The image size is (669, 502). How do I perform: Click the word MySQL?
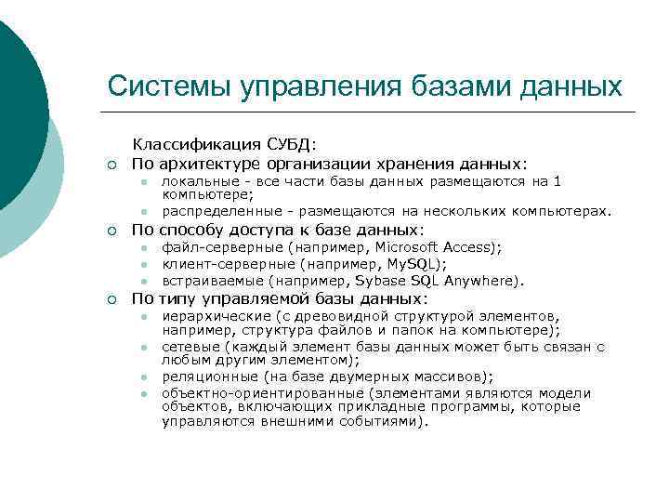[398, 264]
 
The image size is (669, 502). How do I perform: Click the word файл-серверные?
[222, 247]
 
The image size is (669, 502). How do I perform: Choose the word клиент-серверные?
[228, 264]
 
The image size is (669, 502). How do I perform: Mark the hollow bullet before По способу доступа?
[111, 231]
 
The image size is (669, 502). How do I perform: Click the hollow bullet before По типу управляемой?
[111, 299]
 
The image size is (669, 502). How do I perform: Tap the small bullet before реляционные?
[145, 377]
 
